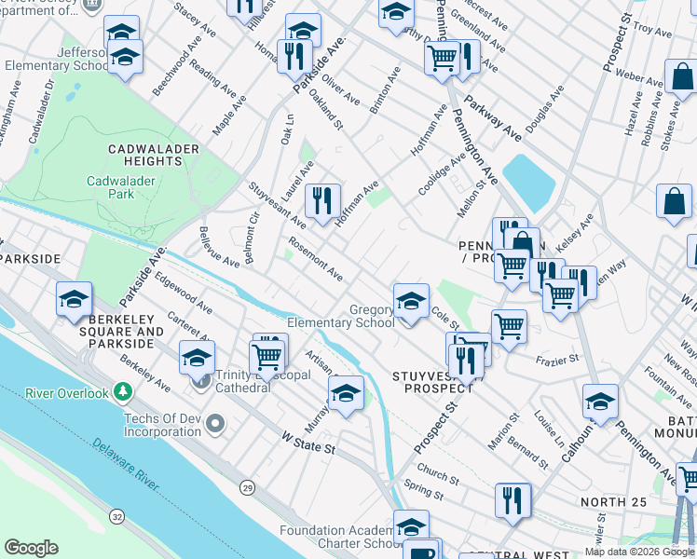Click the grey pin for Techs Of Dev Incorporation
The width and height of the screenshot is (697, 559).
216,426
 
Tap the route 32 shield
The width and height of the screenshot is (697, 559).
116,514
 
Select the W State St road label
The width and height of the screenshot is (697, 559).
308,448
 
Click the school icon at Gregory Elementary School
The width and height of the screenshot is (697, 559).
411,302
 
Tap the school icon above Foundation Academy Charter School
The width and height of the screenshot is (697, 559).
411,528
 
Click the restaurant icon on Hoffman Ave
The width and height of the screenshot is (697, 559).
322,199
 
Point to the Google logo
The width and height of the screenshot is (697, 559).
31,548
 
